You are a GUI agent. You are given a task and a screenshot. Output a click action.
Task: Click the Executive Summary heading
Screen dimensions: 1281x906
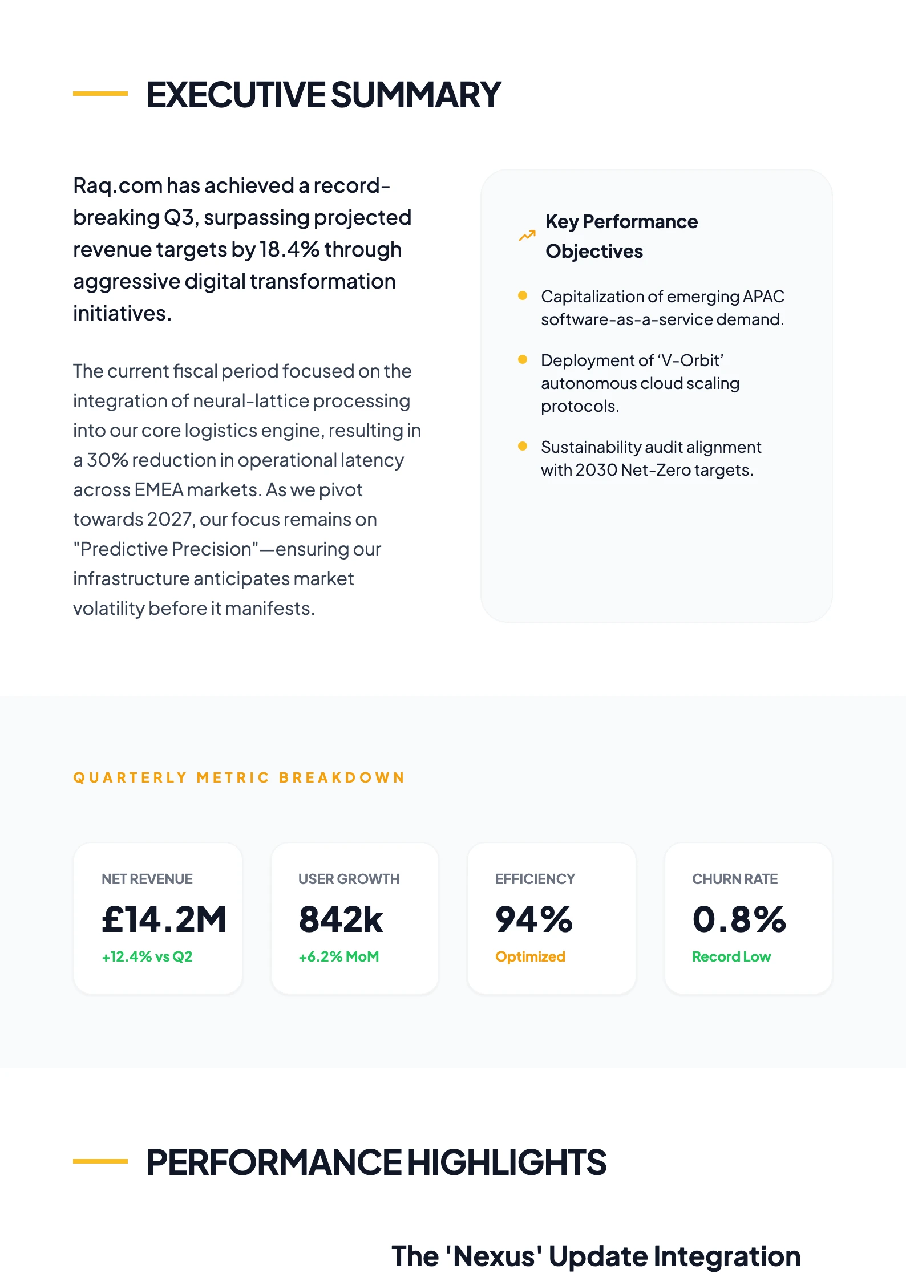323,95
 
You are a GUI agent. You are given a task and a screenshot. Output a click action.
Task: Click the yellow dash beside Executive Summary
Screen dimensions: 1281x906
100,94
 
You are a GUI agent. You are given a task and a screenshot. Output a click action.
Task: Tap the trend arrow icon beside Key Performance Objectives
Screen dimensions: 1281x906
527,236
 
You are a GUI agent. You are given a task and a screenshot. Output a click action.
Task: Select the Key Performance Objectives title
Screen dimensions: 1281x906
621,236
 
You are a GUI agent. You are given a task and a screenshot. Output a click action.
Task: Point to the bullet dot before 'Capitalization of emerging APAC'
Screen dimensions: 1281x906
522,295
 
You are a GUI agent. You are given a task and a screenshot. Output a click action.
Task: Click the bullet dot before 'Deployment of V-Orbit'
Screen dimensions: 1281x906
522,359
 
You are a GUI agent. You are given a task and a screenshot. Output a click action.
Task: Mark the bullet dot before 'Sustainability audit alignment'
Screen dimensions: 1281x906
522,446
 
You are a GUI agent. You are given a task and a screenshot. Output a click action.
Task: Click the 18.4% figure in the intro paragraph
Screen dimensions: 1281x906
289,250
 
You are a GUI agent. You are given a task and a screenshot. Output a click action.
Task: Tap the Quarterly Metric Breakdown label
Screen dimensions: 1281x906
238,777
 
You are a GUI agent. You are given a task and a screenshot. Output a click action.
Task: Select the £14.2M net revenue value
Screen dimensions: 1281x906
164,919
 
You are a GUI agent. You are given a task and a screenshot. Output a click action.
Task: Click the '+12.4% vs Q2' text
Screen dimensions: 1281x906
147,956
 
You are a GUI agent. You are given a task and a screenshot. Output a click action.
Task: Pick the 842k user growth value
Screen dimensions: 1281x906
341,919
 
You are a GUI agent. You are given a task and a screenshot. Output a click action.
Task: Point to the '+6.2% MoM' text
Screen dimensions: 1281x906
339,956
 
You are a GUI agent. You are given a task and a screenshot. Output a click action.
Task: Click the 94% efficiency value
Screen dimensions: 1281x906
533,919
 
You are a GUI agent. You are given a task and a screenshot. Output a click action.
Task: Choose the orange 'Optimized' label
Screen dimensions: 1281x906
530,956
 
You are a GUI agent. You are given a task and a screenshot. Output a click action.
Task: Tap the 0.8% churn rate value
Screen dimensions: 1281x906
739,919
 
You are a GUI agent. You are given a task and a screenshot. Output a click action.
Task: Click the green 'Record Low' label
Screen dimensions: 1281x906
731,956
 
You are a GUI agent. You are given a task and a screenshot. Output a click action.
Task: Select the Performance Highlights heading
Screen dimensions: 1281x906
376,1162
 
